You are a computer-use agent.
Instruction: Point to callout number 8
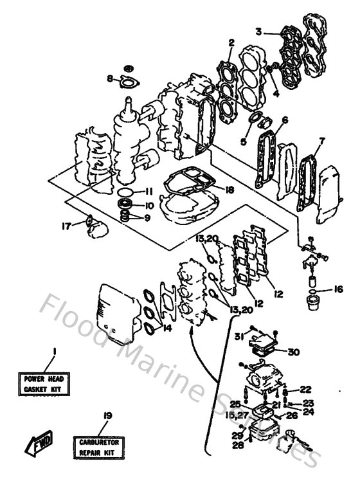click(110, 79)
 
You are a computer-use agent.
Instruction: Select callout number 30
click(294, 351)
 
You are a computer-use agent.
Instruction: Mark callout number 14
click(168, 327)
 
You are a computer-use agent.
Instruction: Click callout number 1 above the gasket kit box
click(54, 351)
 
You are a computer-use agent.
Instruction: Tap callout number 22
click(305, 390)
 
